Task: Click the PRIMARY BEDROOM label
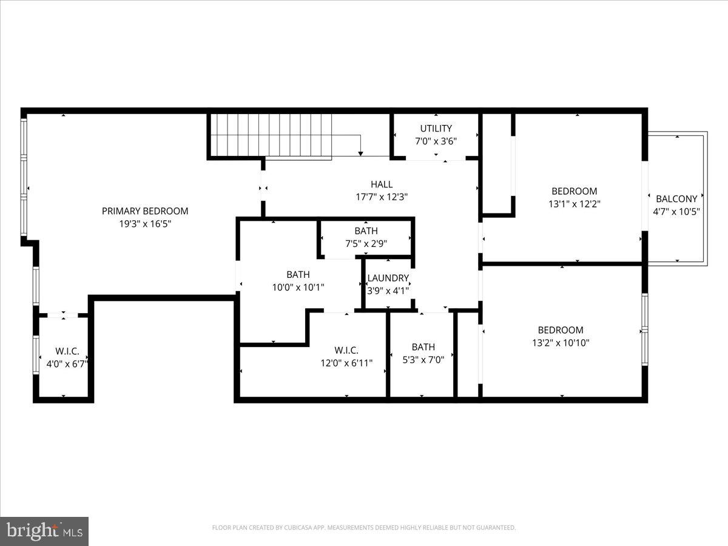(x=144, y=211)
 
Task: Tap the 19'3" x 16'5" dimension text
(x=144, y=224)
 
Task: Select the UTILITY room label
(x=436, y=128)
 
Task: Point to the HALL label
(x=382, y=184)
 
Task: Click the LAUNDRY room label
(x=388, y=278)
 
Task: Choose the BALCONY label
(x=676, y=199)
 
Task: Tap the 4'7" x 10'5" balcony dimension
(x=676, y=212)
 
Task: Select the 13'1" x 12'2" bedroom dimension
(x=574, y=204)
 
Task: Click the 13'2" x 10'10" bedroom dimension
(x=561, y=343)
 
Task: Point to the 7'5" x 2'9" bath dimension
(x=366, y=243)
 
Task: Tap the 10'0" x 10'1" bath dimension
(x=298, y=288)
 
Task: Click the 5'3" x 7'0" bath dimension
(x=423, y=359)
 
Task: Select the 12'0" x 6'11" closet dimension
(x=346, y=363)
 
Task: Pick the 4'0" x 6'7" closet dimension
(x=67, y=364)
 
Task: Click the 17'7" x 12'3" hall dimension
(x=382, y=197)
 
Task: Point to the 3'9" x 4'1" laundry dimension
(x=388, y=291)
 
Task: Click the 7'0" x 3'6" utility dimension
(x=436, y=141)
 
